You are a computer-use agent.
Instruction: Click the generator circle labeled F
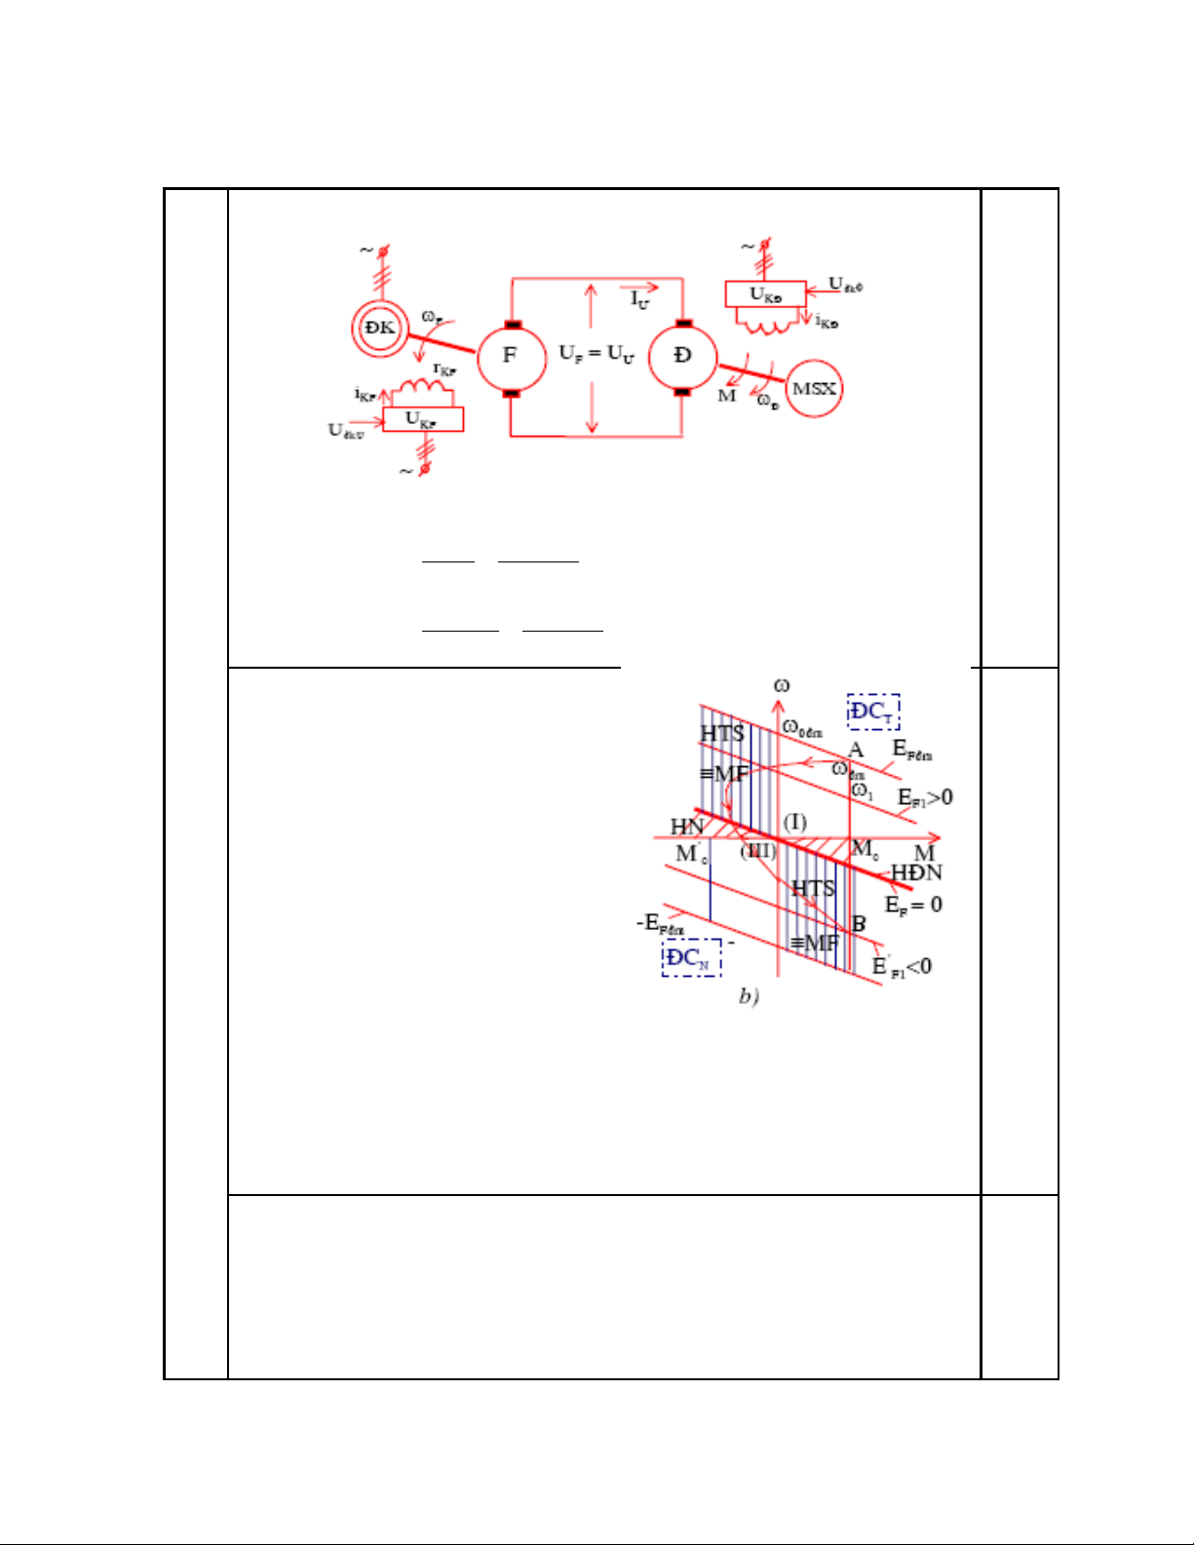click(x=511, y=356)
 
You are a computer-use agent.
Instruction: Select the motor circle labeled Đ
click(x=682, y=356)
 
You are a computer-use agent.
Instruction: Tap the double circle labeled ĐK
click(x=379, y=328)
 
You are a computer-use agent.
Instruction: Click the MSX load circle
click(x=814, y=389)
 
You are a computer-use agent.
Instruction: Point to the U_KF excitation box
click(x=422, y=419)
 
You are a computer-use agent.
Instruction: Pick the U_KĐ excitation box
click(x=765, y=294)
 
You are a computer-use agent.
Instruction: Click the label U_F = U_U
click(x=597, y=353)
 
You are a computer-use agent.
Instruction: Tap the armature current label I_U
click(x=639, y=299)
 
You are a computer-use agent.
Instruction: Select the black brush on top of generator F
click(x=512, y=325)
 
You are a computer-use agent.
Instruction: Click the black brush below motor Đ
click(x=682, y=392)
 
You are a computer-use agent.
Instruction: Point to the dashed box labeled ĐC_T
click(x=872, y=712)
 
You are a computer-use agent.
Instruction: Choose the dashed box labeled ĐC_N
click(x=691, y=957)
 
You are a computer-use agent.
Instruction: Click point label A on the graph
click(x=856, y=750)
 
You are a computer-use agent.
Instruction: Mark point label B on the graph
click(x=859, y=923)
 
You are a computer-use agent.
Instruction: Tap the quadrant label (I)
click(x=795, y=822)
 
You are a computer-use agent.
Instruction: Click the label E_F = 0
click(x=913, y=905)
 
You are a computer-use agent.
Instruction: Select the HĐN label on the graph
click(x=916, y=872)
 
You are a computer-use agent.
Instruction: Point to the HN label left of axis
click(x=687, y=827)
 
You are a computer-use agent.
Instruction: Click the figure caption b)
click(x=749, y=996)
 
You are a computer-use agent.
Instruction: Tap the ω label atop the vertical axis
click(x=782, y=686)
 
